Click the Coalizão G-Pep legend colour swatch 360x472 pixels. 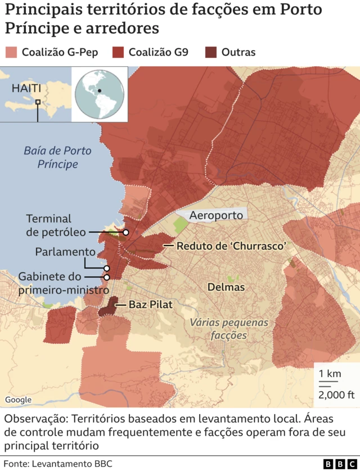pyautogui.click(x=11, y=52)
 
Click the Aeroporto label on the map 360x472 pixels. pyautogui.click(x=216, y=215)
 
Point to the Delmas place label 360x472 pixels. pyautogui.click(x=226, y=287)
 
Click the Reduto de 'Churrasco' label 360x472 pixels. pyautogui.click(x=232, y=246)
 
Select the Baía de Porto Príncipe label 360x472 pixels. pyautogui.click(x=57, y=157)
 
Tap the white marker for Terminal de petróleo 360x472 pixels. pyautogui.click(x=127, y=232)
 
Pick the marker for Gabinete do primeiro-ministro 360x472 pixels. pyautogui.click(x=106, y=276)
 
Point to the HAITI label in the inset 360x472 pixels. pyautogui.click(x=26, y=88)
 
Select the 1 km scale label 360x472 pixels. pyautogui.click(x=329, y=374)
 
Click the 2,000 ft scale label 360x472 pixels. pyautogui.click(x=336, y=394)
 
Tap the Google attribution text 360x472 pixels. pyautogui.click(x=19, y=400)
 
